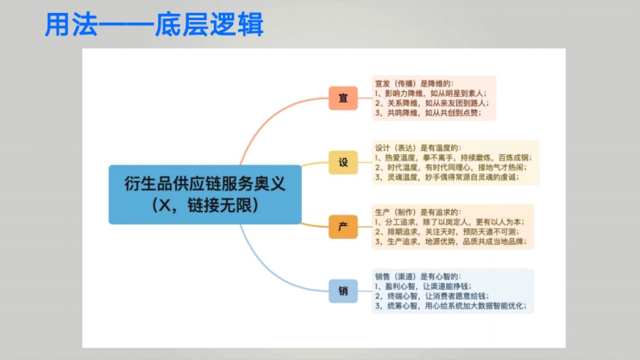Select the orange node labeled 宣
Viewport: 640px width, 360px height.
343,98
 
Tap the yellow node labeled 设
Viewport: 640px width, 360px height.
343,163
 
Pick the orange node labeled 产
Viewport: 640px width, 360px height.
343,227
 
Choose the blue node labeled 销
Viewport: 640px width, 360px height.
343,291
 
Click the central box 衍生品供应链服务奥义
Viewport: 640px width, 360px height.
205,185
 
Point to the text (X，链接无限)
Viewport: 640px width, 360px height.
205,206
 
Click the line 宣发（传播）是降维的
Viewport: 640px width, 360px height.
414,83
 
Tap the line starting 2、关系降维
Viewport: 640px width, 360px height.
431,103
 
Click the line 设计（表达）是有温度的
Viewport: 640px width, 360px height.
418,148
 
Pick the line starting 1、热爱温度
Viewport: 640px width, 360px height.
453,158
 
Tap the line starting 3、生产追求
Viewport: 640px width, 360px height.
451,242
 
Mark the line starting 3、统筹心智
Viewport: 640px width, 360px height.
451,306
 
